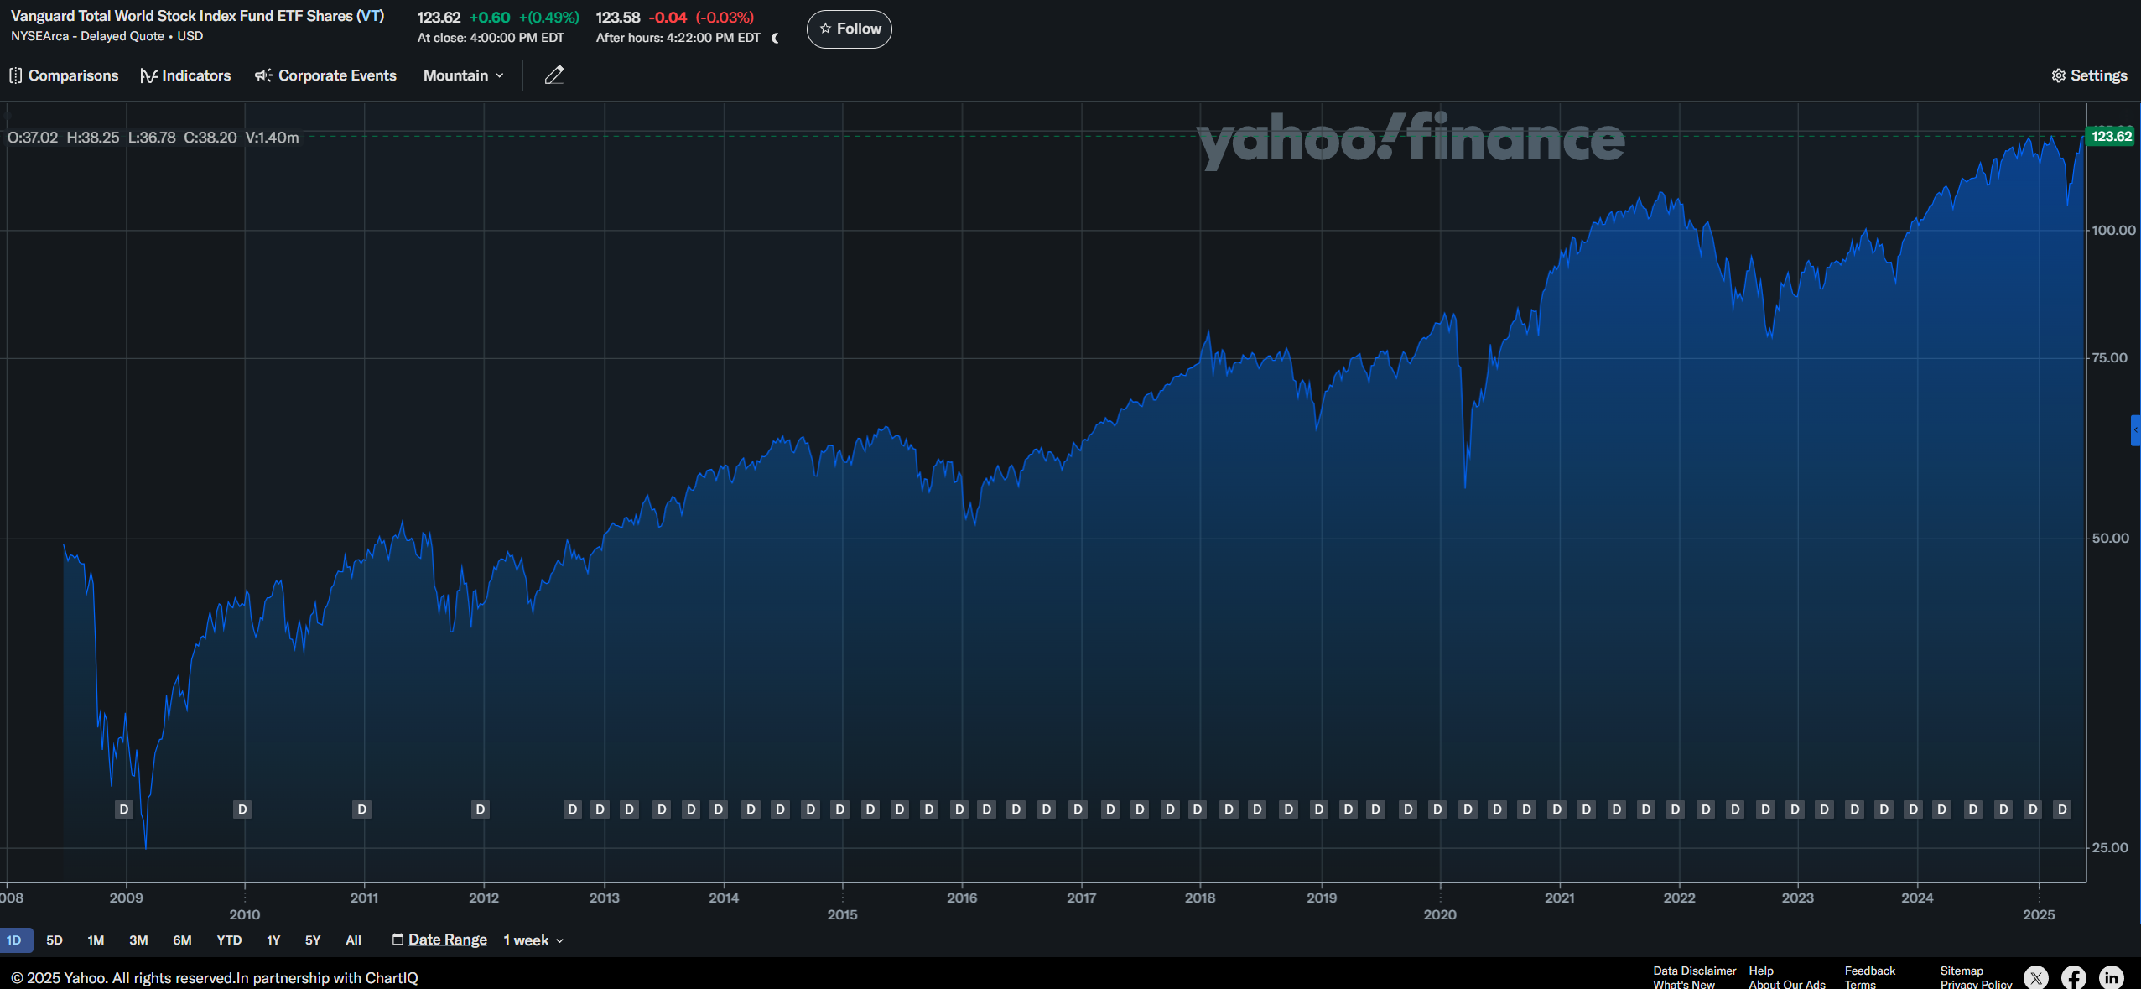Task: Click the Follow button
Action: [x=849, y=29]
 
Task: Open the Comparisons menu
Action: [x=65, y=75]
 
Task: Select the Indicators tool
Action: [x=185, y=75]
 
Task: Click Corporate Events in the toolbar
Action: [x=325, y=75]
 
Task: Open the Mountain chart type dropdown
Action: [x=463, y=75]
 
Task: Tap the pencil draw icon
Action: [x=553, y=75]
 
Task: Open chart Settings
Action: [x=2089, y=75]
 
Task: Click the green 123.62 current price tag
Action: [x=2110, y=136]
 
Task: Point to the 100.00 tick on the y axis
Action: [x=2112, y=230]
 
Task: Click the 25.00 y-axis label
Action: [x=2109, y=847]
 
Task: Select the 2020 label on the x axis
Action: [x=1439, y=914]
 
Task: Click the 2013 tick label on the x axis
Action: [x=604, y=898]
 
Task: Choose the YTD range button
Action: [x=229, y=940]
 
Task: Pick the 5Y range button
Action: [x=313, y=940]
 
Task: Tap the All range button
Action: [x=353, y=940]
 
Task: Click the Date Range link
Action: [x=447, y=940]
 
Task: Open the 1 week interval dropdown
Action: [x=533, y=940]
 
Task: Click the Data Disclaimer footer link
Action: [x=1694, y=971]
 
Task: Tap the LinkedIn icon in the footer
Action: [x=2111, y=977]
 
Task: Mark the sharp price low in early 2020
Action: [x=1465, y=486]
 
